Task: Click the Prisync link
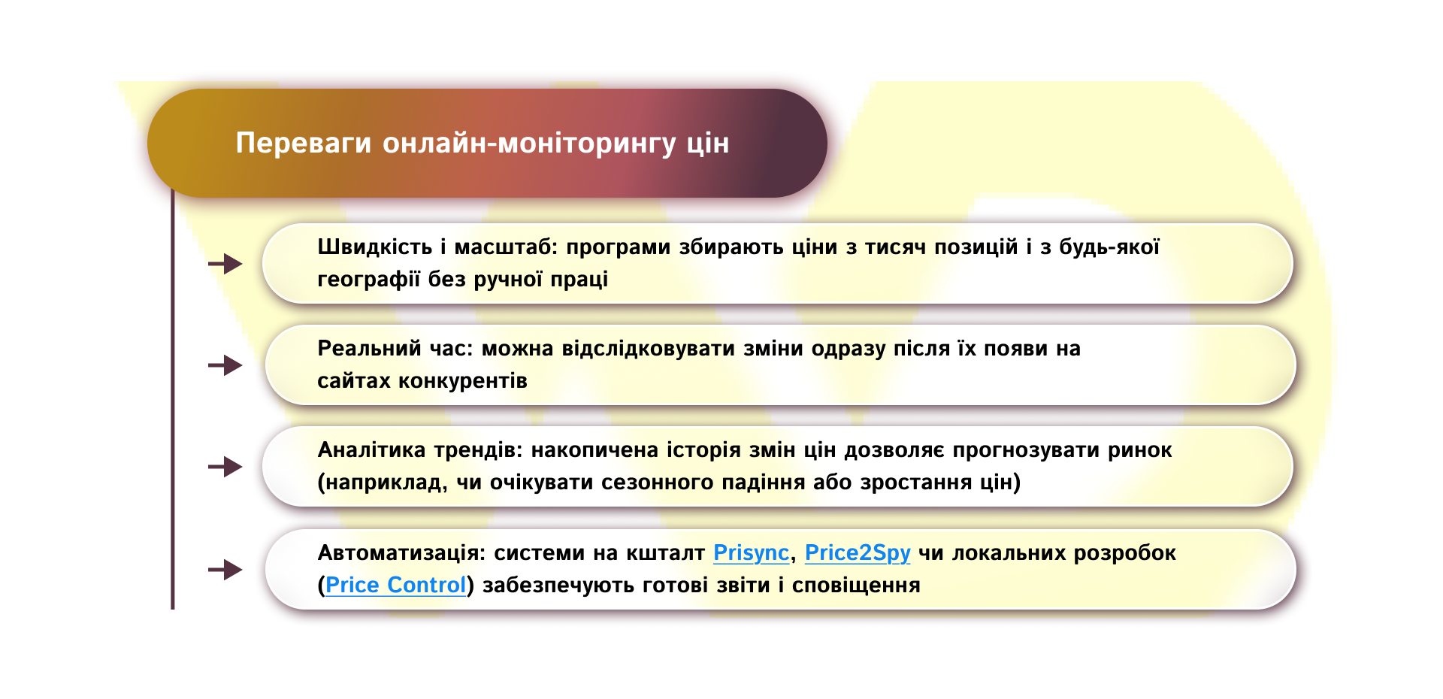tap(750, 553)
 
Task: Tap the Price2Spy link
tap(857, 553)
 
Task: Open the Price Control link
tap(395, 586)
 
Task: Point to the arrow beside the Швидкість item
tap(225, 264)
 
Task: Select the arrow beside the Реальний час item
tap(225, 365)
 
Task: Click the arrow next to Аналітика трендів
tap(225, 467)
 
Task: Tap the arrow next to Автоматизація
tap(225, 570)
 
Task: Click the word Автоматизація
tap(401, 553)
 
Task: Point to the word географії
tap(368, 280)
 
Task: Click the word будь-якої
tap(1109, 247)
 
